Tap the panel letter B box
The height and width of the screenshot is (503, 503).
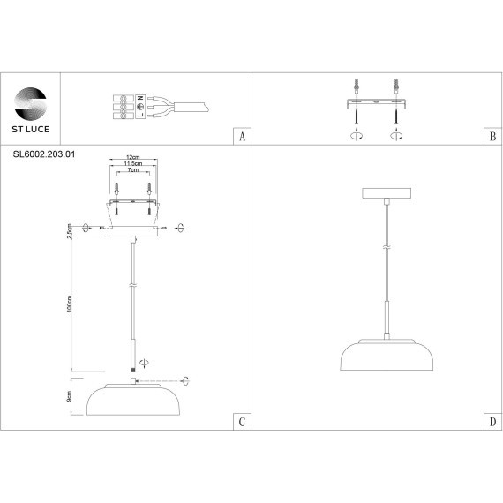[492, 137]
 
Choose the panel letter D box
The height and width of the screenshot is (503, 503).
[492, 421]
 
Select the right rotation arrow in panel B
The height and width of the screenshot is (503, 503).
[396, 137]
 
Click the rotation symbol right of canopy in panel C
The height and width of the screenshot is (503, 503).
[179, 228]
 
